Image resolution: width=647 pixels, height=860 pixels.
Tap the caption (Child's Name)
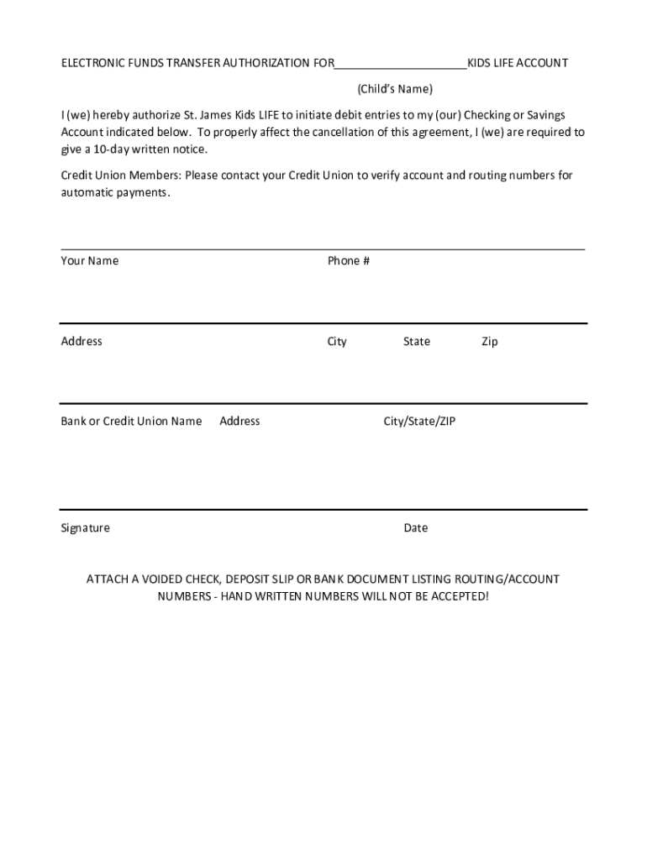(x=395, y=88)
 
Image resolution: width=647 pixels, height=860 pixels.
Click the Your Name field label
(x=89, y=260)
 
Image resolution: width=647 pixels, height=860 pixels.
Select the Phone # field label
(x=349, y=260)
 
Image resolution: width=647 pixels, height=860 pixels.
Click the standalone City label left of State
(x=337, y=341)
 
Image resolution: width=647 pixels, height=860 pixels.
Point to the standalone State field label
(x=416, y=341)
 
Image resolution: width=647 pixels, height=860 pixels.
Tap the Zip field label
(x=489, y=341)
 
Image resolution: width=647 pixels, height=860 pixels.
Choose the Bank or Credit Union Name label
(x=131, y=421)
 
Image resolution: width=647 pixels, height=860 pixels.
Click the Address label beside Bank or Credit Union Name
(x=239, y=421)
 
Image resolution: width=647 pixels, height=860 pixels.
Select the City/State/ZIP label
(x=419, y=421)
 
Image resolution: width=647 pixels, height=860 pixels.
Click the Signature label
(x=85, y=527)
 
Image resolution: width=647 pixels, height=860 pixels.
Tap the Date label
(x=415, y=527)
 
